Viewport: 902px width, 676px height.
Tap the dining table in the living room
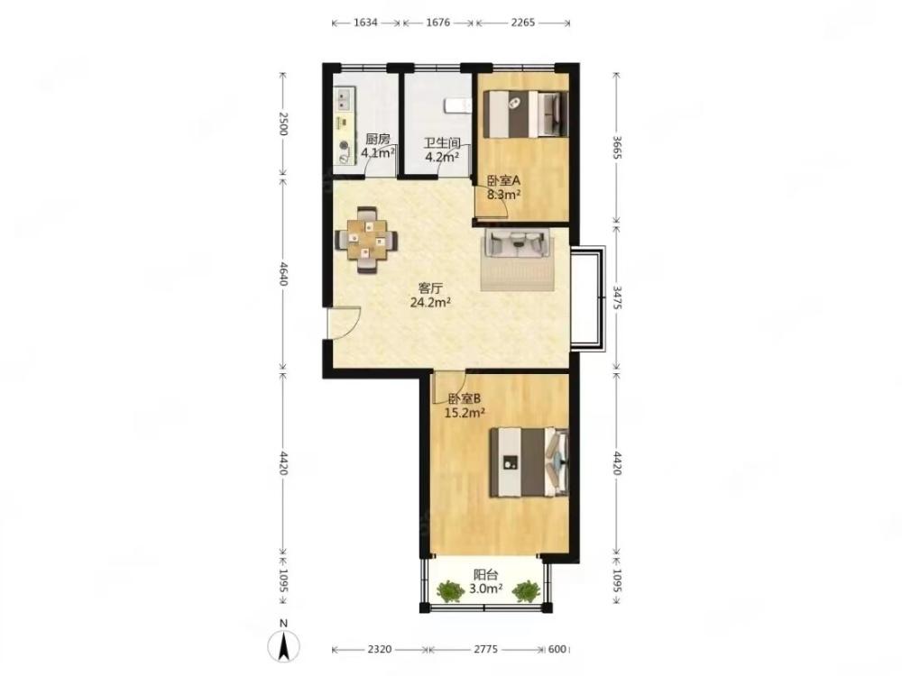tap(367, 239)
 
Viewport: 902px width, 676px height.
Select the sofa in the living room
tap(517, 242)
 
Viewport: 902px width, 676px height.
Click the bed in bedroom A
tap(525, 114)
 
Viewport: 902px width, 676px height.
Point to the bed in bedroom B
tap(529, 462)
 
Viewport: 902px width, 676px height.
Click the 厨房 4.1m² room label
tap(378, 146)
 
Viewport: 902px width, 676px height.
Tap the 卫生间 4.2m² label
tap(442, 150)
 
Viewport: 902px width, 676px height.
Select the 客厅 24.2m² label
tap(430, 296)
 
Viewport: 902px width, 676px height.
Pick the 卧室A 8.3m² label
tap(504, 187)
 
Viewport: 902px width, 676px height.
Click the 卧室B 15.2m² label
tap(465, 406)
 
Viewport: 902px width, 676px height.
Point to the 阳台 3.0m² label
tap(486, 581)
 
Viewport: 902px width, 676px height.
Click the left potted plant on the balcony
tap(450, 591)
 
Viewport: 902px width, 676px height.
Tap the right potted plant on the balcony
tap(526, 591)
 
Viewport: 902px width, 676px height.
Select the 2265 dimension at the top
tap(523, 23)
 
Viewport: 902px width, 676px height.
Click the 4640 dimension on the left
tap(282, 274)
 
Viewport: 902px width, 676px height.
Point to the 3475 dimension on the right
tap(616, 297)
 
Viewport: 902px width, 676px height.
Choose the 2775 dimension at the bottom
tap(485, 649)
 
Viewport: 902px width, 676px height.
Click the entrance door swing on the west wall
tap(344, 323)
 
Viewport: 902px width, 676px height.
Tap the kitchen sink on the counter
tap(344, 99)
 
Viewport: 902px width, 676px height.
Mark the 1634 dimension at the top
tap(366, 23)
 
